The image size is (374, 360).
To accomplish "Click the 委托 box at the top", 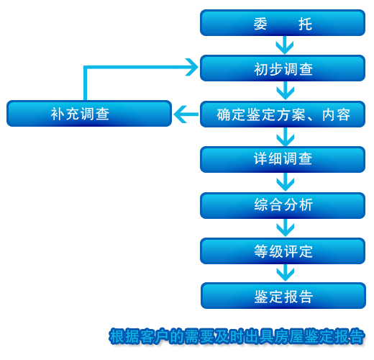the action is pos(283,23).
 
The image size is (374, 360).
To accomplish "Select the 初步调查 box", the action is pos(283,68).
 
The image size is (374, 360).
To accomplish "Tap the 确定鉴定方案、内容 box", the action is pos(283,114).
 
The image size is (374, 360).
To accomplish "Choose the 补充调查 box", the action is pos(89,114).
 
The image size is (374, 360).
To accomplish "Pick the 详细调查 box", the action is pos(283,159).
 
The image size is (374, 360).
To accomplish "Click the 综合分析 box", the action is pos(283,205).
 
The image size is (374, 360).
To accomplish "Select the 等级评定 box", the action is pos(283,251).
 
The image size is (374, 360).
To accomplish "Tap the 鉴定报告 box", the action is pos(283,296).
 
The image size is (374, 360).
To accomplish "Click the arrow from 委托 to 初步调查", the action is pos(285,45).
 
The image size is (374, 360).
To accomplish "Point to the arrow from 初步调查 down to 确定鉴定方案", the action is pos(285,91).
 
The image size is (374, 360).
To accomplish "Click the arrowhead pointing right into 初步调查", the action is pos(192,67).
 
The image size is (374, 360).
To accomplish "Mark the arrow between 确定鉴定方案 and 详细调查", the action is pos(285,137).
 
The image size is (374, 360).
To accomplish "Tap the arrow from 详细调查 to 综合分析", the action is pos(285,182).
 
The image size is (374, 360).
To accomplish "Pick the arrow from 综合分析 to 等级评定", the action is pos(285,228).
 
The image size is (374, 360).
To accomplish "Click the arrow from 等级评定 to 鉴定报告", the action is pos(285,273).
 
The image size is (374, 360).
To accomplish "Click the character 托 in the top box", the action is pos(305,24).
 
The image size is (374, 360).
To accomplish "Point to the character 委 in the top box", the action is pos(260,24).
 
